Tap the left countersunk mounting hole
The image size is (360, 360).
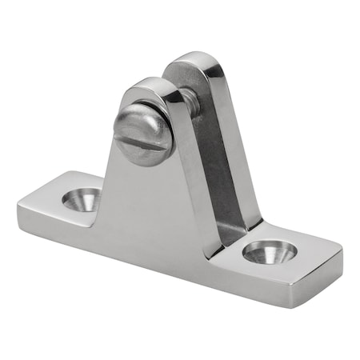tap(82, 198)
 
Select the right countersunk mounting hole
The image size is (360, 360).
tap(270, 252)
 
